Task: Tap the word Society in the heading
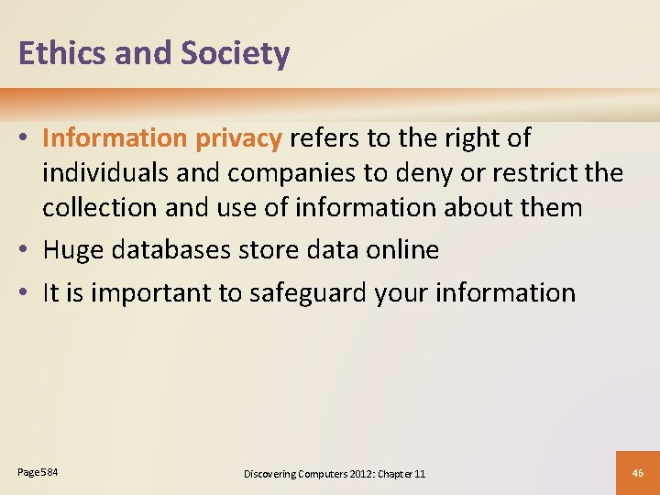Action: [x=235, y=54]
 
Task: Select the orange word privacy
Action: [x=238, y=138]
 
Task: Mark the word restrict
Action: [x=535, y=172]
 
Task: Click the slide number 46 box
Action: [x=639, y=472]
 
